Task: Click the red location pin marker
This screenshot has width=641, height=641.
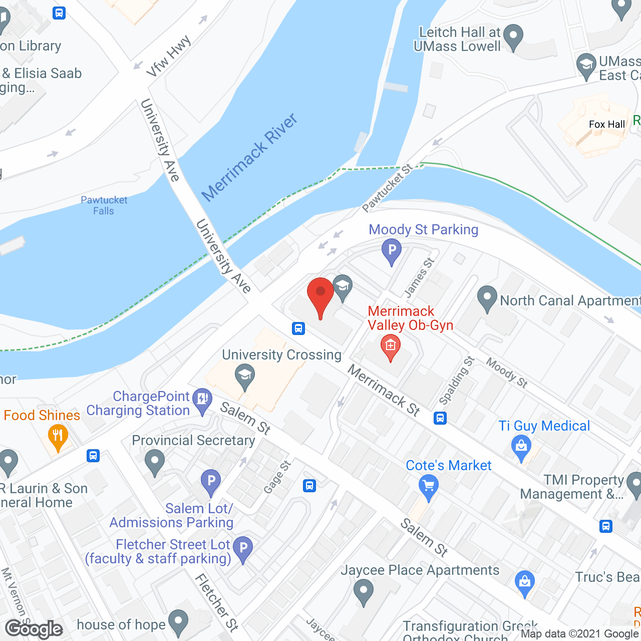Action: click(x=320, y=295)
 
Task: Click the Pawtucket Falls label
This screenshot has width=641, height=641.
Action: click(x=104, y=205)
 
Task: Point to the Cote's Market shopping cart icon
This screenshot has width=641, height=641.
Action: click(x=429, y=487)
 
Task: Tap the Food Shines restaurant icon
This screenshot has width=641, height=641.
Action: click(x=58, y=436)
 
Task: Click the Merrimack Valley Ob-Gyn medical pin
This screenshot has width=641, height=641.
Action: click(x=391, y=347)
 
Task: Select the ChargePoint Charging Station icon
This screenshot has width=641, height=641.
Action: click(x=202, y=400)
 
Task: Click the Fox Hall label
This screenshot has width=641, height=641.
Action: click(x=607, y=124)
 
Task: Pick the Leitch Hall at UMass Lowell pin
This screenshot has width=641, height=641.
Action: click(x=513, y=37)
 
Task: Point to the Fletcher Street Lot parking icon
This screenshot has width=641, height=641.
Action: click(x=243, y=549)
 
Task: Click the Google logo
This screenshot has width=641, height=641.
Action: click(x=34, y=629)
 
